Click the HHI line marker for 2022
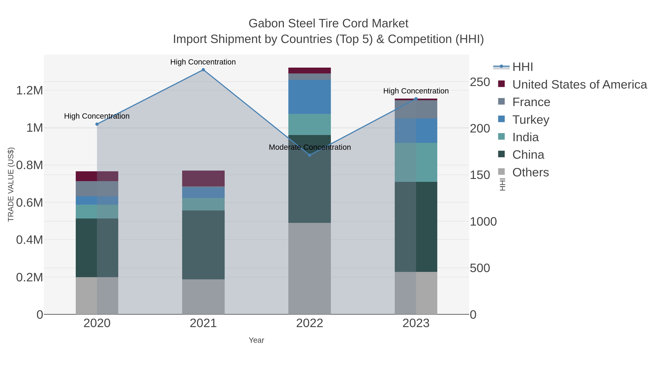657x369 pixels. [310, 155]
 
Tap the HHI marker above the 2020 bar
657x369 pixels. [97, 124]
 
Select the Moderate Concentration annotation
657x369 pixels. [310, 147]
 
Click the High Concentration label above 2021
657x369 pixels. [203, 62]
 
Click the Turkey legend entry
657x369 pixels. [531, 120]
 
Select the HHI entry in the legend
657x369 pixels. [522, 67]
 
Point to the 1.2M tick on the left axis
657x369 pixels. [29, 90]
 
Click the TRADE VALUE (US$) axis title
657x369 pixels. [11, 184]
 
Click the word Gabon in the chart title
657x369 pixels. [266, 24]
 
